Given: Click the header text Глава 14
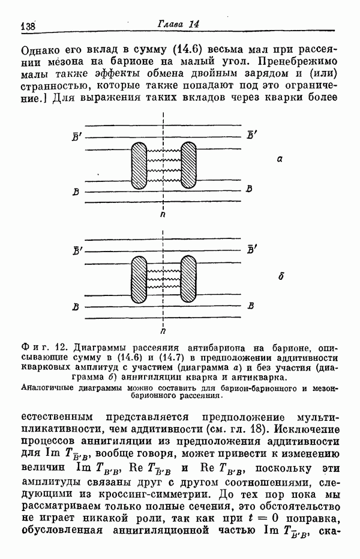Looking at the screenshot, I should (179, 24).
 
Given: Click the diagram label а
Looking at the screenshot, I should (280, 160).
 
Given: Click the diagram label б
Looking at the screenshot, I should (280, 277).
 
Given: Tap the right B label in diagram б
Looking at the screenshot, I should (251, 306).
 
